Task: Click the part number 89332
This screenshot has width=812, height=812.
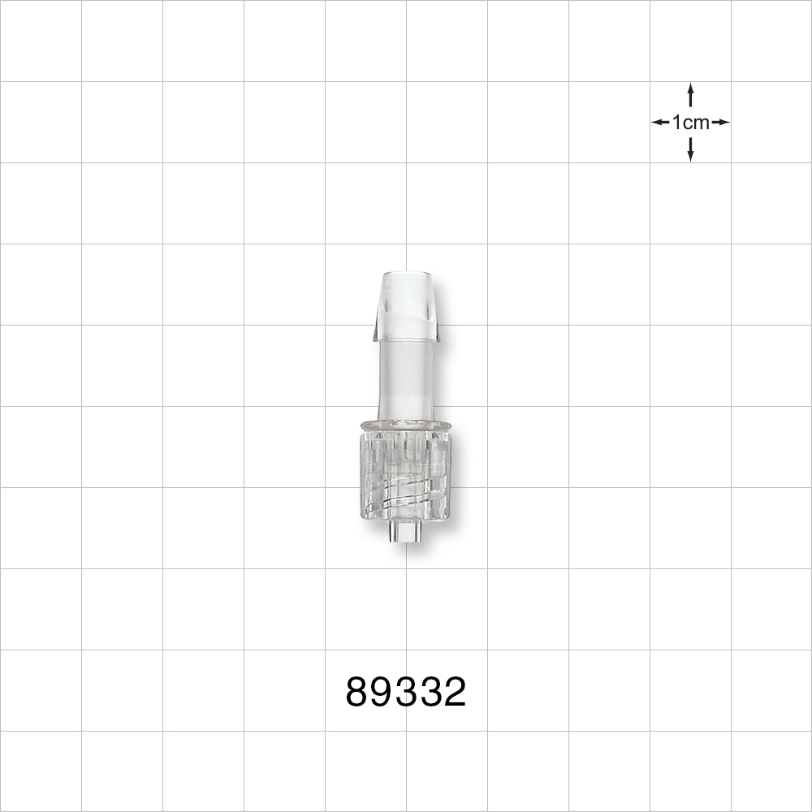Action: pyautogui.click(x=406, y=693)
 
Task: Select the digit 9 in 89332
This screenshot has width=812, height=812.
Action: pyautogui.click(x=382, y=693)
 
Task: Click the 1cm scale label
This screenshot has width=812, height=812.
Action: pyautogui.click(x=690, y=123)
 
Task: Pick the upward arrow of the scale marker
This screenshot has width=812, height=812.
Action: pyautogui.click(x=690, y=93)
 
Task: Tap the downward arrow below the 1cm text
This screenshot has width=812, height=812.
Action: pyautogui.click(x=690, y=151)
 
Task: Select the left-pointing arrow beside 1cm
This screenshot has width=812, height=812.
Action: pyautogui.click(x=660, y=123)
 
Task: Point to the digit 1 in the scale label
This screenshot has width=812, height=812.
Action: pyautogui.click(x=676, y=123)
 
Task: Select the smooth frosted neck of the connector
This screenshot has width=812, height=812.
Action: pyautogui.click(x=407, y=378)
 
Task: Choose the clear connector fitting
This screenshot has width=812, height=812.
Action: pyautogui.click(x=407, y=406)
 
